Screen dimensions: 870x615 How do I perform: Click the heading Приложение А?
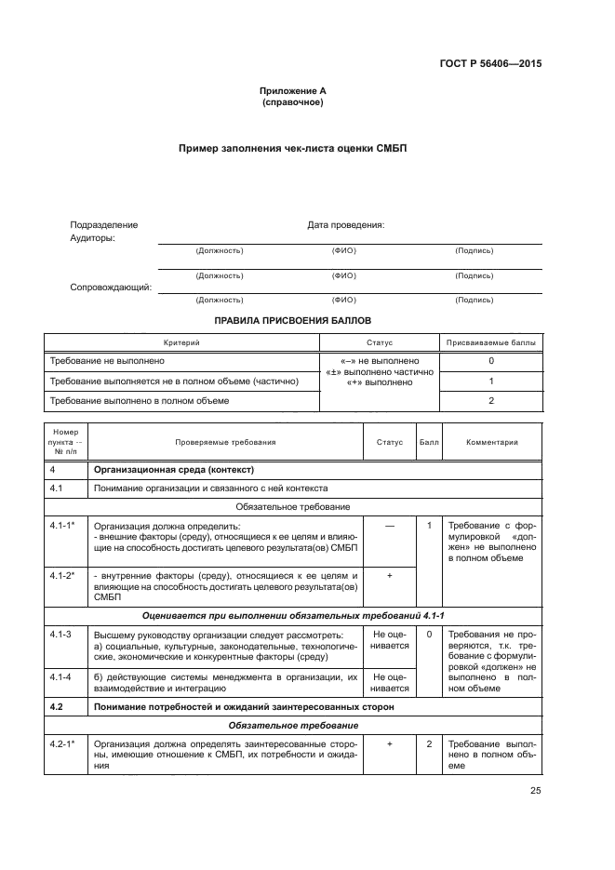(293, 90)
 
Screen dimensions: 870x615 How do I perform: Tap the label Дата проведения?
(345, 224)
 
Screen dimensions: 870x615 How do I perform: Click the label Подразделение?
(104, 224)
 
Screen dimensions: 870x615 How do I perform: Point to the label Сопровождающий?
(111, 287)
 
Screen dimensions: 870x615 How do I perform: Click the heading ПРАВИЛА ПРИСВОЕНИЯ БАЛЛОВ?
(293, 319)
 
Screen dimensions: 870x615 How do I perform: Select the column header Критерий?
(181, 342)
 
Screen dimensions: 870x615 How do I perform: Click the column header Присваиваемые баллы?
(490, 342)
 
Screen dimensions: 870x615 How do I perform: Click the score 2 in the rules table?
(490, 400)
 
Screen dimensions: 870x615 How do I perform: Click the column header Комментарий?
(492, 442)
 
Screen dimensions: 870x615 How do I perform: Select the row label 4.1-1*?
(63, 526)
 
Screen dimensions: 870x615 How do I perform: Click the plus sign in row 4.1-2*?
(389, 576)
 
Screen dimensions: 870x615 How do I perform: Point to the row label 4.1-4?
(61, 676)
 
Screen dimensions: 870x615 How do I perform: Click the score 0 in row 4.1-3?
(429, 634)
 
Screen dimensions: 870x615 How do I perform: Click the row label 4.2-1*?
(63, 744)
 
